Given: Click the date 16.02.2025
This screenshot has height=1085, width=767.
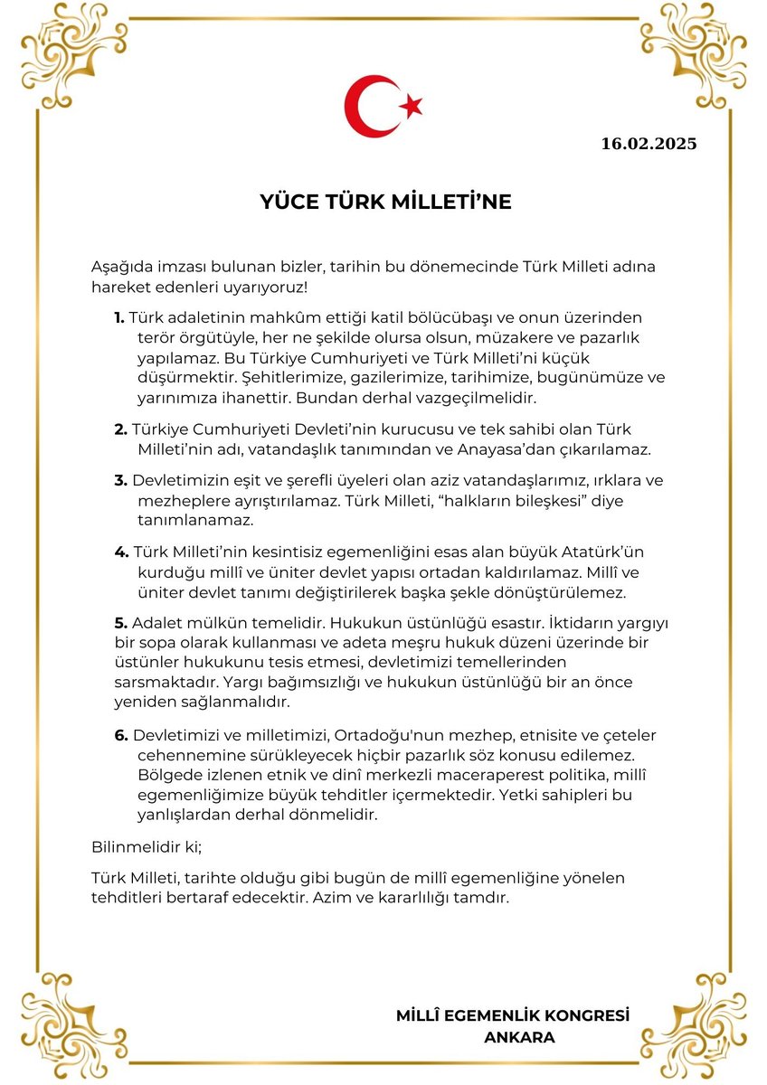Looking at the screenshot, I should (x=649, y=143).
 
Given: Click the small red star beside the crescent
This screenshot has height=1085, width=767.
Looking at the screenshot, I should (x=412, y=107).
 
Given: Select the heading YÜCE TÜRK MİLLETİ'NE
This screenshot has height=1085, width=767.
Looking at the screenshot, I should (x=385, y=202).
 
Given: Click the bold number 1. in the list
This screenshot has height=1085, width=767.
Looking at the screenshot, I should (x=119, y=317).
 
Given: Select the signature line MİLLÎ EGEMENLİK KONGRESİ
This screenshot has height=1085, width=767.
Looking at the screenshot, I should (x=513, y=1015).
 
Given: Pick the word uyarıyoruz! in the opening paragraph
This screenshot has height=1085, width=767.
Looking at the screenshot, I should (x=266, y=288).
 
